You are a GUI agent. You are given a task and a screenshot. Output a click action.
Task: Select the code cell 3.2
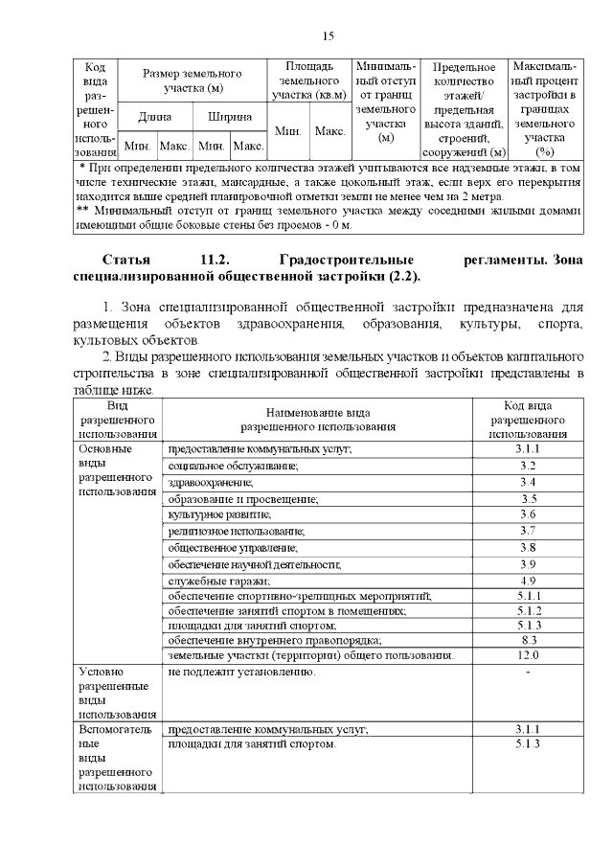(528, 466)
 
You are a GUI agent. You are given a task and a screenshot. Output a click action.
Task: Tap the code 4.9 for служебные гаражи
(528, 581)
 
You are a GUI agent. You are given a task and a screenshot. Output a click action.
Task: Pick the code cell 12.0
(528, 655)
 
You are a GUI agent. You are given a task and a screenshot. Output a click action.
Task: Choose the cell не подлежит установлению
(241, 672)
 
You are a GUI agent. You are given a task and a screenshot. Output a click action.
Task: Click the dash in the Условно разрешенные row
(528, 672)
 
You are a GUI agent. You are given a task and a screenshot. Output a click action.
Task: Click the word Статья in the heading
(127, 260)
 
